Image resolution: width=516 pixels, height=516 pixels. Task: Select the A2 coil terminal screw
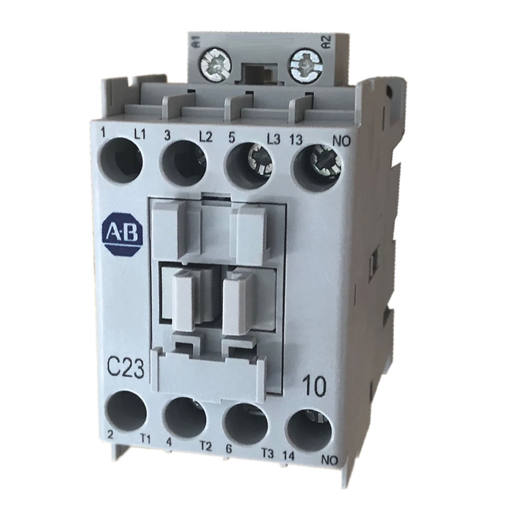pos(303,65)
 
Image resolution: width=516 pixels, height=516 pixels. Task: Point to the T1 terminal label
pos(146,439)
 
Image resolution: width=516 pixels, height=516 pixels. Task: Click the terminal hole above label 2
pos(125,412)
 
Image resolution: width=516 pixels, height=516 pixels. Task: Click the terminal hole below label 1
pos(121,161)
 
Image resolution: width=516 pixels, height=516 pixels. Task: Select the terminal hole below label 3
pos(185,164)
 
